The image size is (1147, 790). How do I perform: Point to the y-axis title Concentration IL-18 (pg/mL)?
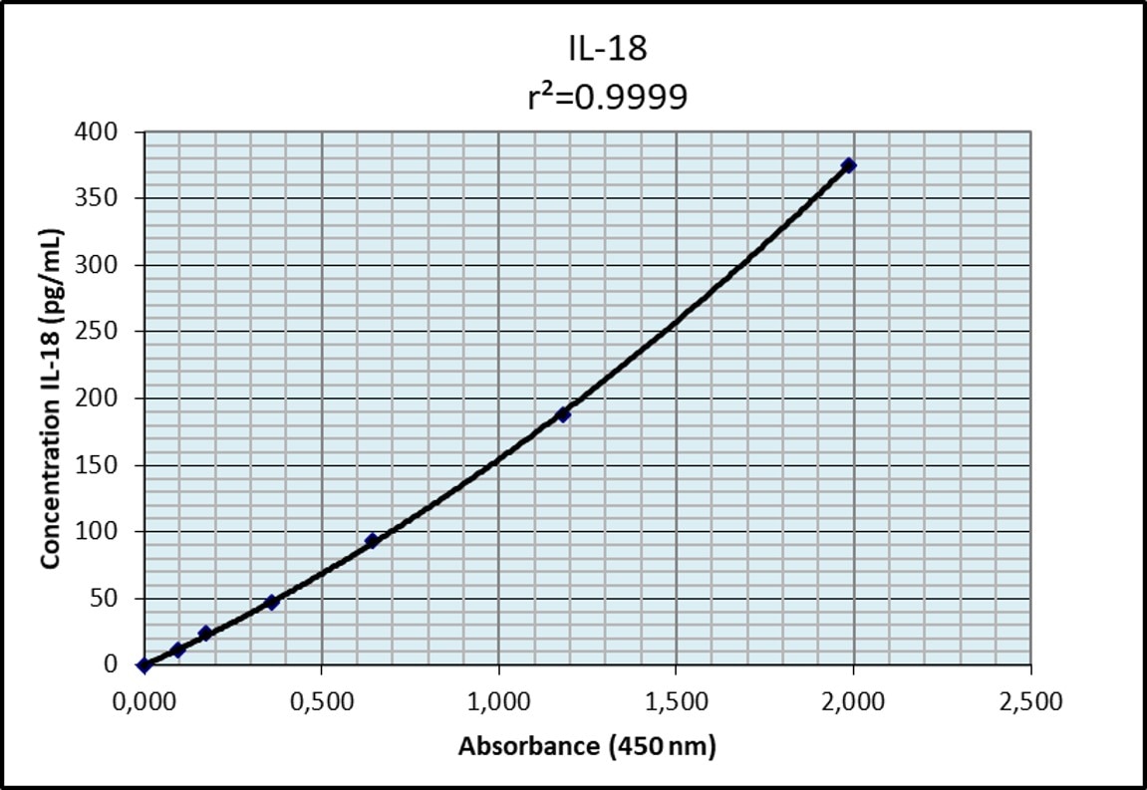(51, 398)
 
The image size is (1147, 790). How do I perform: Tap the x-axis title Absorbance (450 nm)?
(587, 746)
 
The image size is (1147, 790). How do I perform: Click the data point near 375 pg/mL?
(848, 165)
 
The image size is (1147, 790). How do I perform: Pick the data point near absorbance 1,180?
(563, 414)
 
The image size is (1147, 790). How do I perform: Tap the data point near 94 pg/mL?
(372, 541)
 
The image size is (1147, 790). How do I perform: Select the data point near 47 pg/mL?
(271, 603)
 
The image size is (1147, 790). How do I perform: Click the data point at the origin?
(144, 664)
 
